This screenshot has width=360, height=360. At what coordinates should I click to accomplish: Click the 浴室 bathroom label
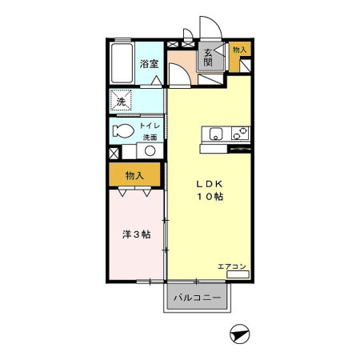(149, 63)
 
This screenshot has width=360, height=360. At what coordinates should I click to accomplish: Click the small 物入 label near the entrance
(238, 50)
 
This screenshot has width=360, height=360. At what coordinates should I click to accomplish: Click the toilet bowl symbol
(124, 131)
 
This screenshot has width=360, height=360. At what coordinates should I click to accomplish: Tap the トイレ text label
(150, 126)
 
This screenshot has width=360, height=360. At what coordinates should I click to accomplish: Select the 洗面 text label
(150, 138)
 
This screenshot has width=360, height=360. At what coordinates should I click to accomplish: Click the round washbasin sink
(150, 151)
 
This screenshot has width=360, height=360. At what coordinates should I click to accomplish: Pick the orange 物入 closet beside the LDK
(134, 175)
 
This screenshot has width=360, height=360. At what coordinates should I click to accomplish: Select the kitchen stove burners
(239, 135)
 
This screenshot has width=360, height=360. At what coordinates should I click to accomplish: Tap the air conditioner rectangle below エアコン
(238, 274)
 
